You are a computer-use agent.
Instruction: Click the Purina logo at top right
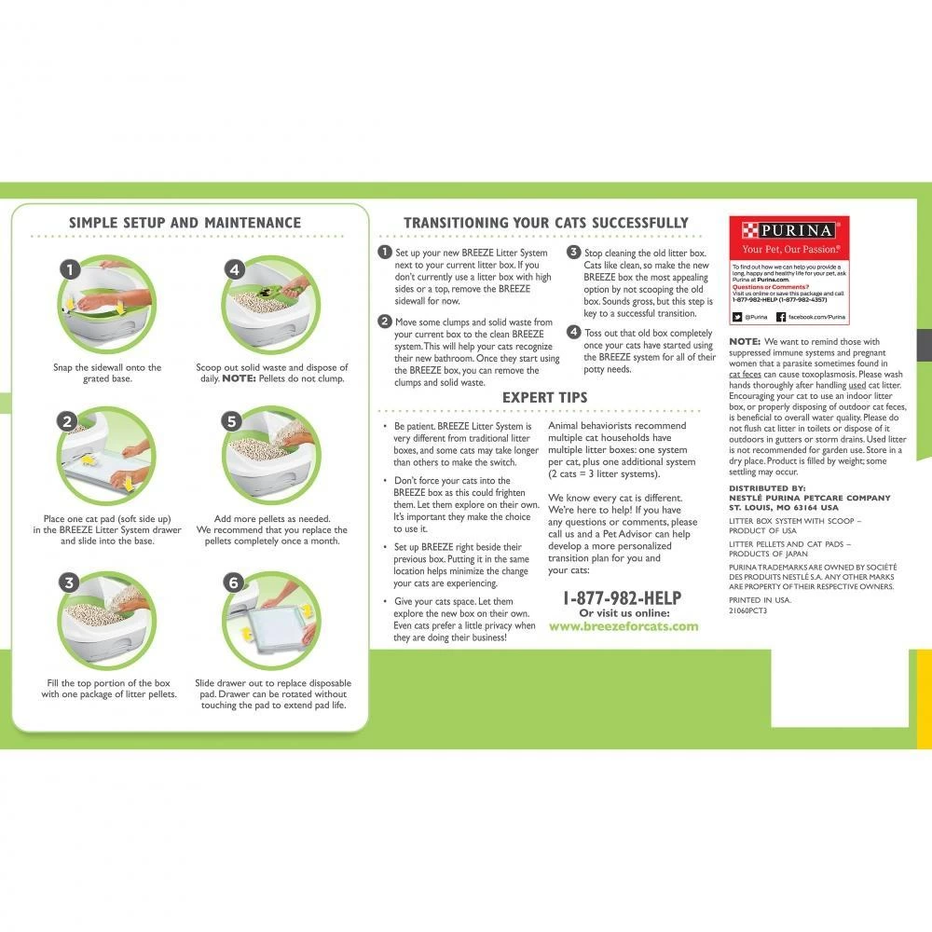[x=788, y=230]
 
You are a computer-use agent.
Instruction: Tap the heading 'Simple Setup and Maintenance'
[x=185, y=223]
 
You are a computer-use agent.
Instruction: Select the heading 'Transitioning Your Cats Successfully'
[x=545, y=223]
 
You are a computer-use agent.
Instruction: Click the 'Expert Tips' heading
[x=545, y=398]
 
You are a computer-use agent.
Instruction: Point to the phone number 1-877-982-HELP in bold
[x=623, y=598]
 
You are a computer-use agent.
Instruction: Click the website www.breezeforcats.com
[x=623, y=626]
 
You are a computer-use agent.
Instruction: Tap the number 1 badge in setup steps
[x=68, y=269]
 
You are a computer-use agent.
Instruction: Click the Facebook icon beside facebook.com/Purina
[x=781, y=317]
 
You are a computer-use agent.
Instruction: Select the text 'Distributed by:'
[x=767, y=487]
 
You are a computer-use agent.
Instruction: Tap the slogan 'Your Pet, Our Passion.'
[x=788, y=250]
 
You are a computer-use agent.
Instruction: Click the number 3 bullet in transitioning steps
[x=573, y=253]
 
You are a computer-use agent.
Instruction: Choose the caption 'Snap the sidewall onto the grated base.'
[x=107, y=373]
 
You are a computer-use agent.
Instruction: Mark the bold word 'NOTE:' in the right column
[x=745, y=342]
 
